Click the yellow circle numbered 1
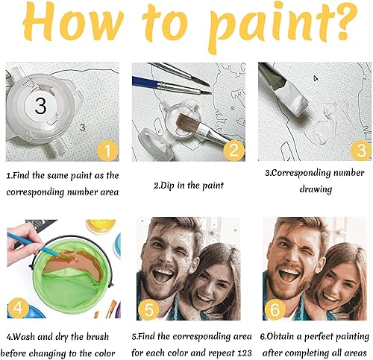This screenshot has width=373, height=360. (107, 152)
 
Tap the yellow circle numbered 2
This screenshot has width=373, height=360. (233, 152)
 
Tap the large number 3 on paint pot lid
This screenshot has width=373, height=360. (40, 107)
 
